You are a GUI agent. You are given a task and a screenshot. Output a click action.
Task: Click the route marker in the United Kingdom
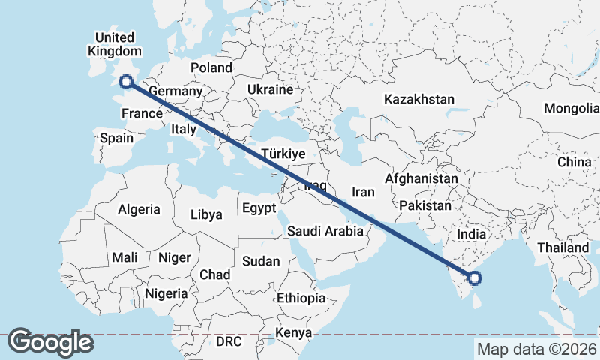(x=126, y=82)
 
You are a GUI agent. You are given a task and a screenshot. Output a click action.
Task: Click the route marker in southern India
(x=474, y=279)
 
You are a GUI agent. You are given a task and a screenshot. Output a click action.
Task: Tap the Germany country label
(x=175, y=91)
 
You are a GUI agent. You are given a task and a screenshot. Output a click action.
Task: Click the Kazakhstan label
(x=419, y=99)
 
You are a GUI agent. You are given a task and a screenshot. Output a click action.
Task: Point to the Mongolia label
(x=571, y=108)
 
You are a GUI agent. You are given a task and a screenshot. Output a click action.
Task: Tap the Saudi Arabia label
(x=325, y=232)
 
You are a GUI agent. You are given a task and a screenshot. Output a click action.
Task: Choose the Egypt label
(x=259, y=208)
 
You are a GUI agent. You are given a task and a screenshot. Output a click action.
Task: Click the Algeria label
(x=139, y=209)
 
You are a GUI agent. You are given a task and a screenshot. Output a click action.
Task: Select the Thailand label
(x=562, y=247)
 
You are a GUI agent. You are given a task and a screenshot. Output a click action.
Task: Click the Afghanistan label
(x=421, y=179)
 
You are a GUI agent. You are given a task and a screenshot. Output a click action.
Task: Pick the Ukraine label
(x=270, y=89)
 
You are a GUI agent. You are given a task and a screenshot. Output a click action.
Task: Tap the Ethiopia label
(x=301, y=298)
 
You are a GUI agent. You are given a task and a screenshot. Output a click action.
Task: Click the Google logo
(x=50, y=342)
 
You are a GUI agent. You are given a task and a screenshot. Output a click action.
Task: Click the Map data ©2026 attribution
(x=537, y=349)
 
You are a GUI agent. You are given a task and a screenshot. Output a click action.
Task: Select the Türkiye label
(x=283, y=154)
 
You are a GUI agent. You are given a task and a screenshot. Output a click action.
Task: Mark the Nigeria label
(x=166, y=293)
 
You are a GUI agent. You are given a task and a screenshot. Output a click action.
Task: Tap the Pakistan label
(x=425, y=205)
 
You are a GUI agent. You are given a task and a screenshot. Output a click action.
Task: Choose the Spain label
(x=116, y=138)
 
